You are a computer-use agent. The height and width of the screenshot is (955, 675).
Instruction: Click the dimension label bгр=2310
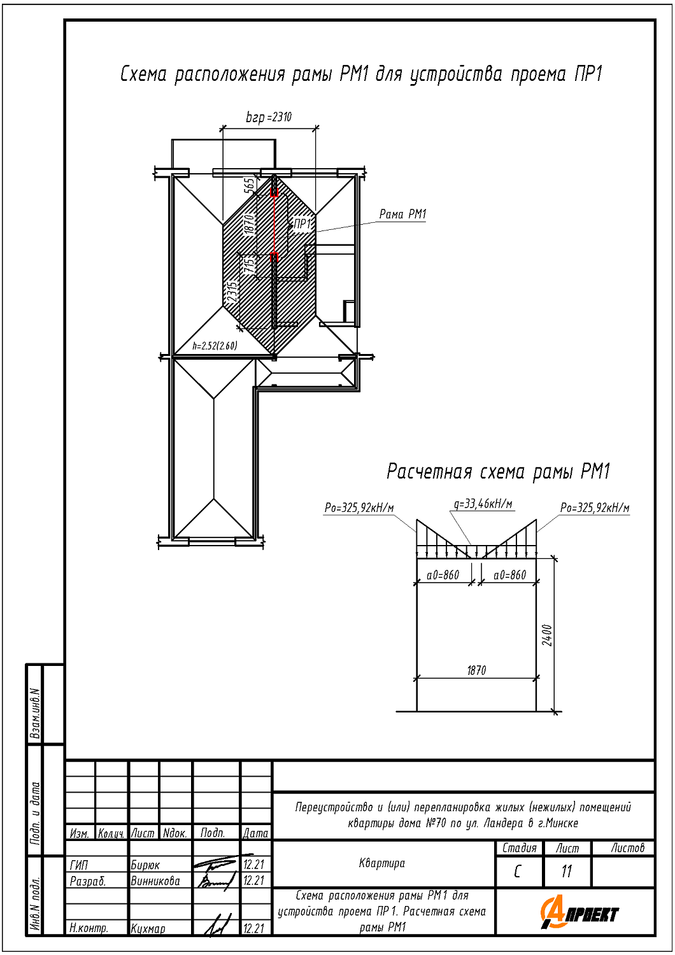[269, 117]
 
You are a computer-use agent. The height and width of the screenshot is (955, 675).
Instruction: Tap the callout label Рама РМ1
[402, 214]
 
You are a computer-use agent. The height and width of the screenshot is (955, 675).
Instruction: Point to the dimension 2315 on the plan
[232, 291]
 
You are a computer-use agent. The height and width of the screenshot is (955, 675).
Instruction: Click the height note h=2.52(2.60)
[215, 345]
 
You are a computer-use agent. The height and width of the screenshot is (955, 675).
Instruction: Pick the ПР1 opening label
[302, 223]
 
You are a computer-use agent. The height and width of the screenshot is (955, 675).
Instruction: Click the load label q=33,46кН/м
[483, 504]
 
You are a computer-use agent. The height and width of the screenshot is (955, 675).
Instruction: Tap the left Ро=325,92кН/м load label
[359, 508]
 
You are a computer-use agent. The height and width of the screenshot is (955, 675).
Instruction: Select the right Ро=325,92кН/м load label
[595, 508]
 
